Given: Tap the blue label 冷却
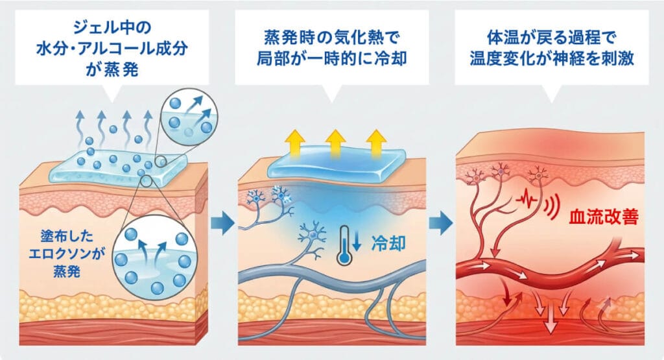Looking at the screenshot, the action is tap(388, 243).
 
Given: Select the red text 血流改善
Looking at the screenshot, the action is tap(604, 217).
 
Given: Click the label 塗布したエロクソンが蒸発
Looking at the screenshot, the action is tap(67, 254).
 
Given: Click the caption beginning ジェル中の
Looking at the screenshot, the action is tap(112, 49).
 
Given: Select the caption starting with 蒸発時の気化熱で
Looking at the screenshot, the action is tap(331, 48).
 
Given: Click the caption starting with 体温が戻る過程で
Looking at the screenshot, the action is tap(551, 48).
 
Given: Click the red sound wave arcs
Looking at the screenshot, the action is tap(550, 205).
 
